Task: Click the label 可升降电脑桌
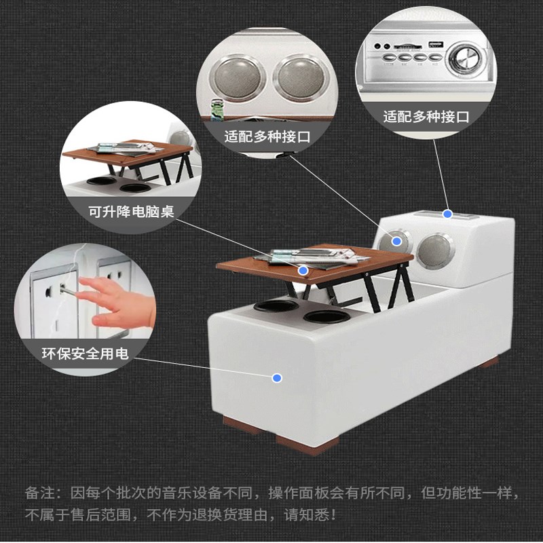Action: [x=131, y=211]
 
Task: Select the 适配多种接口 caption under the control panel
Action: [x=426, y=116]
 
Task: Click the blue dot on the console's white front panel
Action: [x=277, y=378]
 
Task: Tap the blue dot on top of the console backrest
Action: [x=447, y=214]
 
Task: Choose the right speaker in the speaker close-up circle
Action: [x=301, y=76]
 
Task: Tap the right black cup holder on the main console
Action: [x=325, y=316]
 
